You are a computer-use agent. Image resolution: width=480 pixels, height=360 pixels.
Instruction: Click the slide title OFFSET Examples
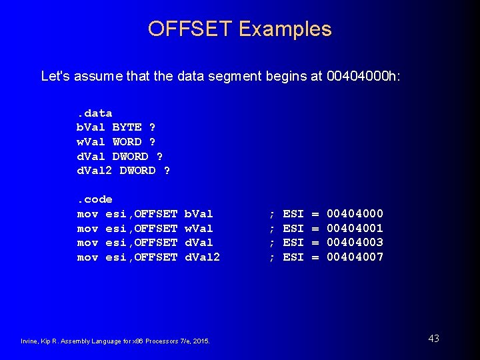(239, 29)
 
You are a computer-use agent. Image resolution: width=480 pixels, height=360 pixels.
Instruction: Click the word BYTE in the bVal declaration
(127, 127)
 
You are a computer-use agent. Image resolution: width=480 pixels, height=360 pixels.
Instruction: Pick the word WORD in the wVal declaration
(127, 141)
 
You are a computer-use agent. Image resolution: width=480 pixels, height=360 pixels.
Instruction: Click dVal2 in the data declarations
(95, 170)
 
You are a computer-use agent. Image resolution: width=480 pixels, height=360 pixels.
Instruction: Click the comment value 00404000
(355, 213)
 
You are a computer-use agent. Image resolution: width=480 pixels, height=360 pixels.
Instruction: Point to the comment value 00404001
(355, 228)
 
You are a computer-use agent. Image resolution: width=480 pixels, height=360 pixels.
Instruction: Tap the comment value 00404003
(355, 243)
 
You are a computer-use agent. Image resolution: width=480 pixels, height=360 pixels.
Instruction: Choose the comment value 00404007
(355, 257)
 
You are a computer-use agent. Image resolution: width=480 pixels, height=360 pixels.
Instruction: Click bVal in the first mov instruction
(198, 213)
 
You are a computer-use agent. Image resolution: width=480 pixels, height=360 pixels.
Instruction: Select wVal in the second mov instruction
(198, 228)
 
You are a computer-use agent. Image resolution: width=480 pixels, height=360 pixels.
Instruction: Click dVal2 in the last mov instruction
(202, 257)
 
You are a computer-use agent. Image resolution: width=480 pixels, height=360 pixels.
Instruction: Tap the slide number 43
(433, 339)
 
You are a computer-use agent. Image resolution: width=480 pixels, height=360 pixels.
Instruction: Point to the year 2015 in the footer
(201, 341)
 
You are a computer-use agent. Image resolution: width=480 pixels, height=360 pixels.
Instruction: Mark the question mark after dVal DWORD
(159, 156)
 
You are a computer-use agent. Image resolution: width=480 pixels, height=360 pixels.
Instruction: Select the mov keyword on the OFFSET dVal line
(87, 243)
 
